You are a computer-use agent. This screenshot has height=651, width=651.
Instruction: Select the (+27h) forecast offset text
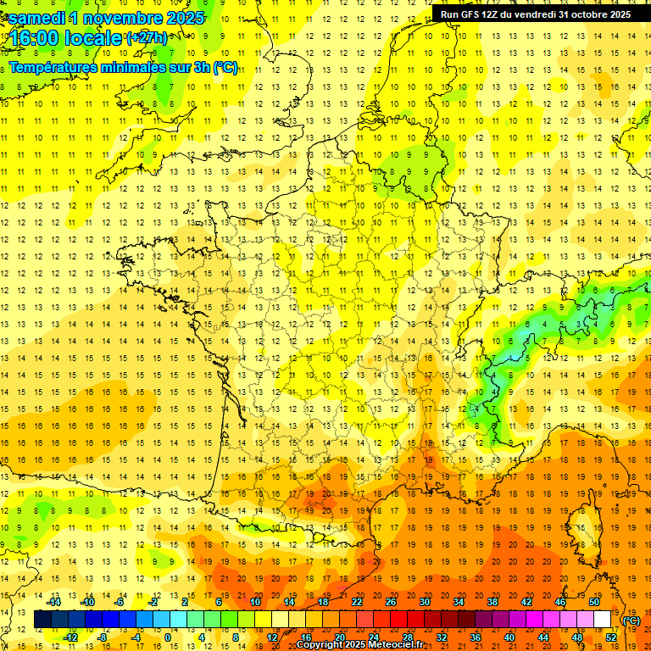(x=146, y=38)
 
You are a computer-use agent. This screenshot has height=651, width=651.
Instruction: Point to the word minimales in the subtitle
(x=139, y=67)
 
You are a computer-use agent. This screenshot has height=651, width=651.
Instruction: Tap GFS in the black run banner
(x=468, y=14)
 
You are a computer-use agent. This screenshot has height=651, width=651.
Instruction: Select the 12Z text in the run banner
(x=490, y=14)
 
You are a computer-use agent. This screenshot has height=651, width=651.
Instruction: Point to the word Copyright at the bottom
(x=323, y=645)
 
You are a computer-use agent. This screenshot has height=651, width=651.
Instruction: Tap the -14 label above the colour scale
(x=54, y=602)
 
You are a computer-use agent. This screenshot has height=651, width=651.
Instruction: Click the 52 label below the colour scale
(x=611, y=637)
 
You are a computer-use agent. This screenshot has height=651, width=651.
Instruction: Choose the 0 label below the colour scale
(x=168, y=637)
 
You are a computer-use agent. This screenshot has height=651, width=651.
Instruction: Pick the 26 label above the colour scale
(x=391, y=602)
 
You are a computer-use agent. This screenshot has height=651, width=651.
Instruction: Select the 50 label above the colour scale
(x=594, y=602)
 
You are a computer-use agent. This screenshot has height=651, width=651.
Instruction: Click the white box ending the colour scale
(x=603, y=620)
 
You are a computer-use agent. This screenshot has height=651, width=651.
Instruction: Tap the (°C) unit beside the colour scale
(x=632, y=620)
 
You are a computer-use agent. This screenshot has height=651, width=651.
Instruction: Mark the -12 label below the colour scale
(x=70, y=637)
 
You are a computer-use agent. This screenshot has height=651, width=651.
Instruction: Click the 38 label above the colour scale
(x=492, y=602)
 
